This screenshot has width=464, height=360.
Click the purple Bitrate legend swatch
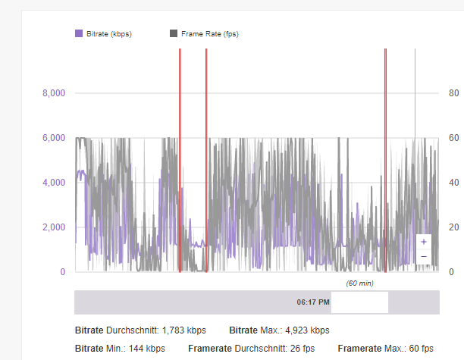pyautogui.click(x=78, y=33)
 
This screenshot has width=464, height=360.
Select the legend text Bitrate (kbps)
pyautogui.click(x=109, y=33)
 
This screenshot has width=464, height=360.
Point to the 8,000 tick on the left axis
pyautogui.click(x=53, y=93)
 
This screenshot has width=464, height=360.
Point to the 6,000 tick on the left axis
pyautogui.click(x=53, y=138)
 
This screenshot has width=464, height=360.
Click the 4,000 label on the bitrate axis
pyautogui.click(x=53, y=183)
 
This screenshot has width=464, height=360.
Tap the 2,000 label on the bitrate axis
pyautogui.click(x=53, y=227)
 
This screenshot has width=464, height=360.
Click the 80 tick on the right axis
pyautogui.click(x=453, y=93)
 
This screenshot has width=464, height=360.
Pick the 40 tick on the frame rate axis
pyautogui.click(x=453, y=183)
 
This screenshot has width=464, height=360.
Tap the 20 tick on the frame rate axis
pyautogui.click(x=453, y=227)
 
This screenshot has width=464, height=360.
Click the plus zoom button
pyautogui.click(x=423, y=242)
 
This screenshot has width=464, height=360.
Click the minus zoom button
pyautogui.click(x=423, y=257)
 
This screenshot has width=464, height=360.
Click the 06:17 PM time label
pyautogui.click(x=313, y=302)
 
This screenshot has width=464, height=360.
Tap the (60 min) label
pyautogui.click(x=359, y=283)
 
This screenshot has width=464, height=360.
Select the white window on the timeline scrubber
pyautogui.click(x=359, y=302)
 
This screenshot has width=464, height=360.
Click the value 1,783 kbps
pyautogui.click(x=186, y=330)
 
